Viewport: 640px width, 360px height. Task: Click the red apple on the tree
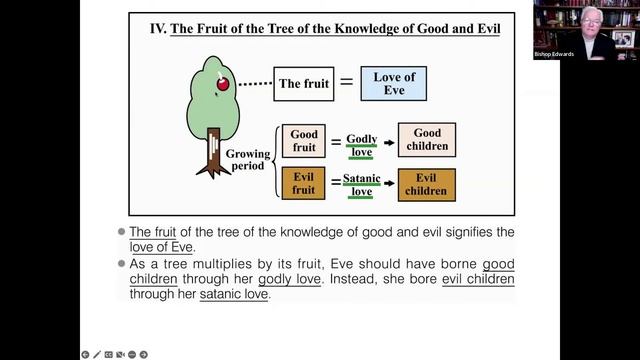[x=222, y=82]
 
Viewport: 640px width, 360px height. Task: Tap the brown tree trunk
[x=213, y=150]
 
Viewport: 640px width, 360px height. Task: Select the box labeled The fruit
[x=304, y=84]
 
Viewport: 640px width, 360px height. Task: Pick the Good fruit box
[x=304, y=140]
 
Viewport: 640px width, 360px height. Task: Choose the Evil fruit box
[x=304, y=184]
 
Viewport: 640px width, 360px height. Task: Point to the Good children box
[x=426, y=140]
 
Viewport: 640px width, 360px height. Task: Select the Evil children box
[x=426, y=184]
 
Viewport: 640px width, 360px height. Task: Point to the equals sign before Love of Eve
[x=346, y=84]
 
